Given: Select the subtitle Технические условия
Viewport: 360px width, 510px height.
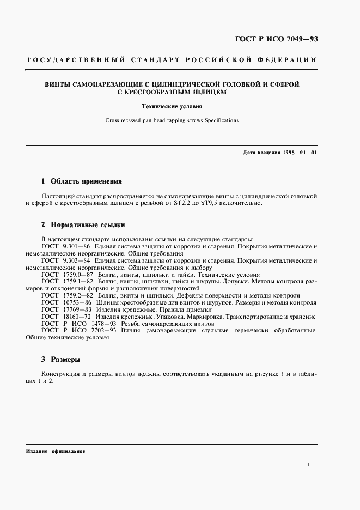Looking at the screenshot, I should tap(172, 107).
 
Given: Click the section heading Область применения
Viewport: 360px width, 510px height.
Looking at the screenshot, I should tap(86, 181).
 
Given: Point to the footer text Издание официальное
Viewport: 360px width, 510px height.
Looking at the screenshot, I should tap(56, 452).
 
